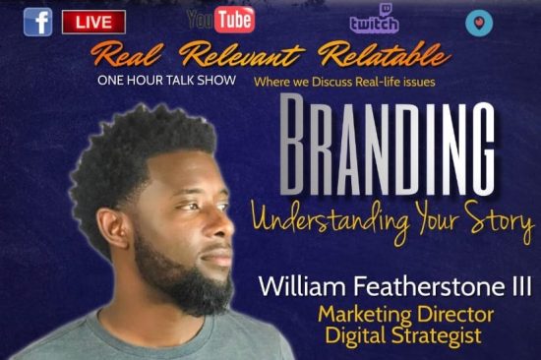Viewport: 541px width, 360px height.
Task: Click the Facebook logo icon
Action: click(38, 22)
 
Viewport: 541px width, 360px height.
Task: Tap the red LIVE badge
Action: click(93, 22)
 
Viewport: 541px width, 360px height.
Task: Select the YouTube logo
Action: click(220, 20)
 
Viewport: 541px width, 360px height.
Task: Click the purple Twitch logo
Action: click(375, 20)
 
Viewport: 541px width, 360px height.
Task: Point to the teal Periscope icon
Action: click(479, 23)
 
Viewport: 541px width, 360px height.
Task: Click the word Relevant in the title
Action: click(242, 54)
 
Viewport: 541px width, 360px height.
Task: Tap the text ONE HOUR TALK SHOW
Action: click(166, 80)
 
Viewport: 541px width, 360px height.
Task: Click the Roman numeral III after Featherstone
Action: click(521, 286)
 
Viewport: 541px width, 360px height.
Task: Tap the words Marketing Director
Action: click(405, 314)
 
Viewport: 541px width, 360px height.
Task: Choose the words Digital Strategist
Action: click(403, 335)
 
